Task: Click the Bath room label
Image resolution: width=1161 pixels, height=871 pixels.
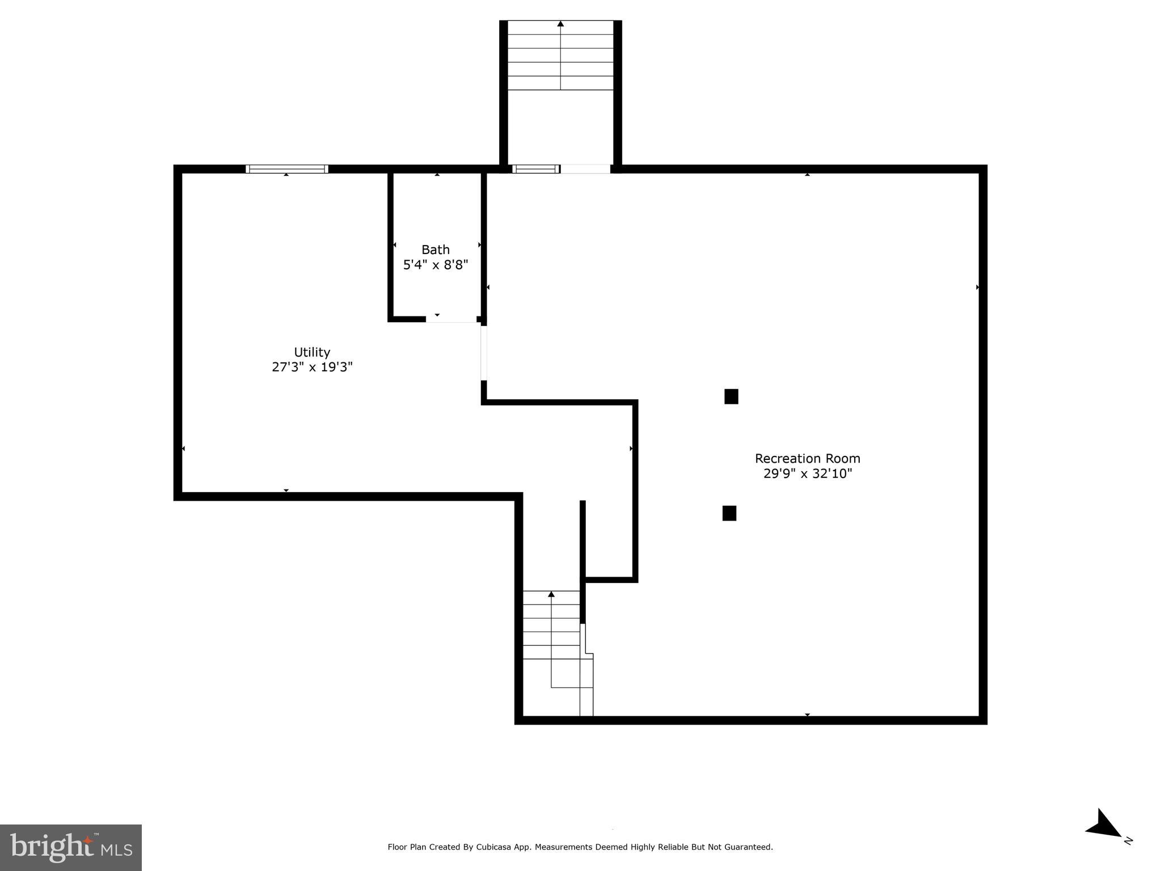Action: tap(435, 250)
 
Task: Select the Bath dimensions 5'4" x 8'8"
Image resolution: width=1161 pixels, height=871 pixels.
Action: tap(435, 265)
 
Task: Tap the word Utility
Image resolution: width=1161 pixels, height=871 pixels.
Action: tap(312, 352)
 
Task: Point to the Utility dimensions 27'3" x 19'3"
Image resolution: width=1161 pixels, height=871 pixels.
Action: tap(312, 367)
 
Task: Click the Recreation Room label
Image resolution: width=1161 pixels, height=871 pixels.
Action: tap(807, 458)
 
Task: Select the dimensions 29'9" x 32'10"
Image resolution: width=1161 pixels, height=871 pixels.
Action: tap(807, 473)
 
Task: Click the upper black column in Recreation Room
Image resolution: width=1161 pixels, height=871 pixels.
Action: tap(731, 396)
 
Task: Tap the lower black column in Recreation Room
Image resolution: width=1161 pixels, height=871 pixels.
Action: tap(729, 513)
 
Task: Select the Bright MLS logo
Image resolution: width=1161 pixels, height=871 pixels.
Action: tap(71, 847)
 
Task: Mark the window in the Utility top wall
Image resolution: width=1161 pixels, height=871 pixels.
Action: tap(286, 169)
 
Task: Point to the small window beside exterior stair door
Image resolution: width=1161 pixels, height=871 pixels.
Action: tap(535, 169)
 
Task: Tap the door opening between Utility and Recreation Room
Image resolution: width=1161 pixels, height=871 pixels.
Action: tap(484, 353)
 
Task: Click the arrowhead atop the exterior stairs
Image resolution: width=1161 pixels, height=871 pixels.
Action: tap(560, 24)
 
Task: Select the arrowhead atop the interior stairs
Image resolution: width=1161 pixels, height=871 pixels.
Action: tap(551, 594)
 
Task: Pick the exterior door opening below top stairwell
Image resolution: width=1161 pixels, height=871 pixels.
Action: tap(585, 169)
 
